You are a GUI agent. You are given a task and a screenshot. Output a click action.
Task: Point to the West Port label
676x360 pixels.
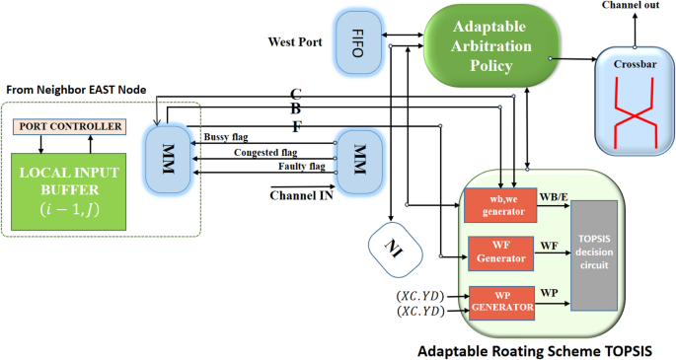[296, 42]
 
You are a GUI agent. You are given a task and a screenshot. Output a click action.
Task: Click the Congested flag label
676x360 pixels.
[265, 153]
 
